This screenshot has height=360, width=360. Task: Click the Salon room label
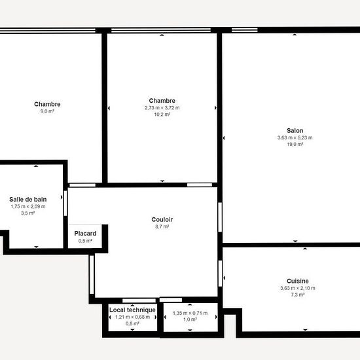(x=295, y=131)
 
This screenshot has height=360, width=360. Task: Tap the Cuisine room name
(x=298, y=281)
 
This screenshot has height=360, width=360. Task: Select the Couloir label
(x=162, y=219)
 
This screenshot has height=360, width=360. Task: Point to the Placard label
(x=85, y=234)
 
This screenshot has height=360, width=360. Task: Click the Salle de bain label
(x=28, y=199)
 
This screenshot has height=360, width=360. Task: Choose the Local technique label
(x=132, y=310)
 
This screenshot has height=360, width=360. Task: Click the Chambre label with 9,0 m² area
(x=47, y=104)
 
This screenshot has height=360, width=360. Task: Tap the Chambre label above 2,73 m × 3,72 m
(x=162, y=101)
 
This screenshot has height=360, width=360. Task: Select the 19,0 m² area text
(x=295, y=145)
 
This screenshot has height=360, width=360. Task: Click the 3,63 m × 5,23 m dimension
(x=295, y=137)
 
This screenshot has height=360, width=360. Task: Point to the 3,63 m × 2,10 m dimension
(x=298, y=288)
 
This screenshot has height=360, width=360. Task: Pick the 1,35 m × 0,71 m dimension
(x=190, y=313)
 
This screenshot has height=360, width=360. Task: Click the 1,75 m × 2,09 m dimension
(x=28, y=206)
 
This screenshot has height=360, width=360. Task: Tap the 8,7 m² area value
(x=162, y=226)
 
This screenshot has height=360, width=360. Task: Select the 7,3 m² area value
(x=298, y=295)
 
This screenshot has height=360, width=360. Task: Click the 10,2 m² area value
(x=162, y=115)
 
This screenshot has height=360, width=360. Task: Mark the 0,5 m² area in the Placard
(x=85, y=241)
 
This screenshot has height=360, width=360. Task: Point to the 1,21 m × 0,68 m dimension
(x=132, y=317)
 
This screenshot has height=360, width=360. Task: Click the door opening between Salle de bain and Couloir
(x=65, y=203)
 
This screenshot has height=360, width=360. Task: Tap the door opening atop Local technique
(x=139, y=301)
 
